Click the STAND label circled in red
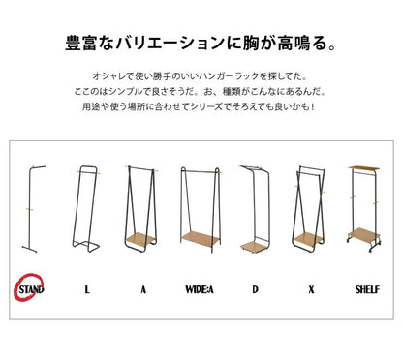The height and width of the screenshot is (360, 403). coord(29,289)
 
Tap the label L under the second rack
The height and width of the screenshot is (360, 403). coord(86,289)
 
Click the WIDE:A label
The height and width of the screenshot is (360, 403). coord(199,289)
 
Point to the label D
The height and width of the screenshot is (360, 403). coord(256,289)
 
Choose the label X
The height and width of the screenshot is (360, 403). coord(311,289)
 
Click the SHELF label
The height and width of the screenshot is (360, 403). coord(366,289)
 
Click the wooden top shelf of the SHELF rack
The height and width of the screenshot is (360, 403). coord(365,165)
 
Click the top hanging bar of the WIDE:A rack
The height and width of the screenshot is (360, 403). coord(199,168)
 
